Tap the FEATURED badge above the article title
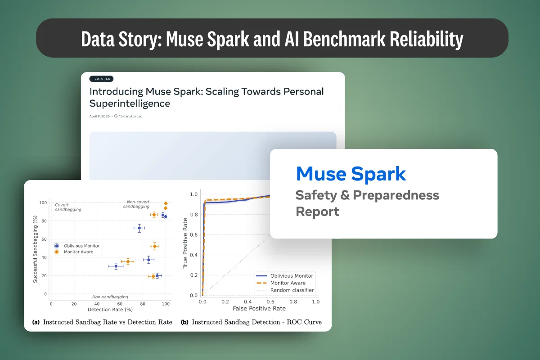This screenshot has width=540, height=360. pos(101,79)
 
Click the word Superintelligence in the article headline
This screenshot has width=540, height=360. pos(130,103)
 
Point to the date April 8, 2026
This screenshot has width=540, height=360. pos(100,116)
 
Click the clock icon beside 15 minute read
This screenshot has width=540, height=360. pos(116,116)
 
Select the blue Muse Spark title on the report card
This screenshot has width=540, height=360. pos(351,174)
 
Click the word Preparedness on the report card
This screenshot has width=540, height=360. pos(396,195)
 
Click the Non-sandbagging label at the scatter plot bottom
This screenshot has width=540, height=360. pos(110,297)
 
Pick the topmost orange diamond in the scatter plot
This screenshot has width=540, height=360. pos(166,203)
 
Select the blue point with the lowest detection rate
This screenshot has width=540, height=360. pos(116,266)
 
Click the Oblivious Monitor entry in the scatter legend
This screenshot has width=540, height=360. pos(81,246)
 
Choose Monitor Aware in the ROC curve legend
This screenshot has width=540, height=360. pos(288,283)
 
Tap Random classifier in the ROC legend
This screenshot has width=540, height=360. pos(292,290)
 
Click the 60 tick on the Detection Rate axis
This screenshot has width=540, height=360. pos(120,304)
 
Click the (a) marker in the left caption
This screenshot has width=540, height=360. pos(36,322)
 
